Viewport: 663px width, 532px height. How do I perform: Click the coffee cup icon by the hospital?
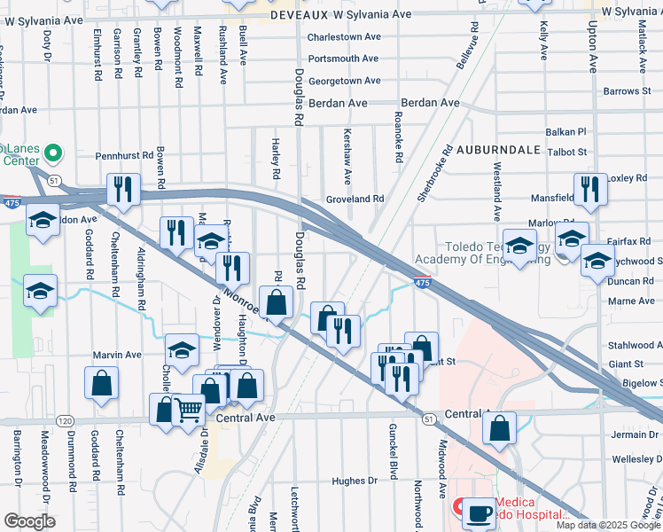click(x=480, y=512)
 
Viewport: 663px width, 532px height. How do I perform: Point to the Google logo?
click(x=29, y=521)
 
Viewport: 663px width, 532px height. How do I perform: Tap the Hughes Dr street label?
click(x=355, y=481)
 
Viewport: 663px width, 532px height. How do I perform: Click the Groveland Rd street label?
click(x=355, y=199)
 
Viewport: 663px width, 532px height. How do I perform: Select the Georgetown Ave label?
click(x=344, y=81)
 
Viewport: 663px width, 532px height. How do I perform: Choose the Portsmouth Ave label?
click(x=343, y=59)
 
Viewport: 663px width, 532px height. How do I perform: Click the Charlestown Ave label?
click(x=344, y=37)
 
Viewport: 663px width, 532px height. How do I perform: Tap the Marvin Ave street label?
click(x=118, y=355)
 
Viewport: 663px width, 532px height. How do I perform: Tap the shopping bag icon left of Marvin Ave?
click(x=102, y=383)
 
